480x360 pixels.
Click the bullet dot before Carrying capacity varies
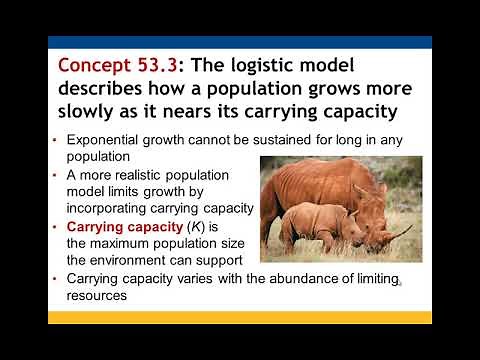tap(55, 281)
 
